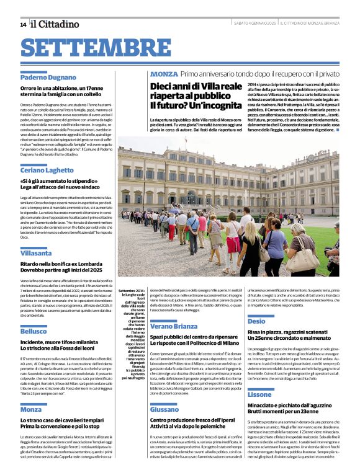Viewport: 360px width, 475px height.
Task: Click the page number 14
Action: pos(23,25)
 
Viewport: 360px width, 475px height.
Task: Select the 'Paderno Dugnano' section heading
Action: pos(47,78)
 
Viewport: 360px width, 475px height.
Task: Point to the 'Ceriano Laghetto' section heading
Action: pos(47,170)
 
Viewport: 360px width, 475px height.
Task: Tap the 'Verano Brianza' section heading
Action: pos(174,326)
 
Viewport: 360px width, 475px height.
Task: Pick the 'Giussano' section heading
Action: pos(164,410)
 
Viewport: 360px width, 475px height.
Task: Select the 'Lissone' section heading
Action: pos(259,394)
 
